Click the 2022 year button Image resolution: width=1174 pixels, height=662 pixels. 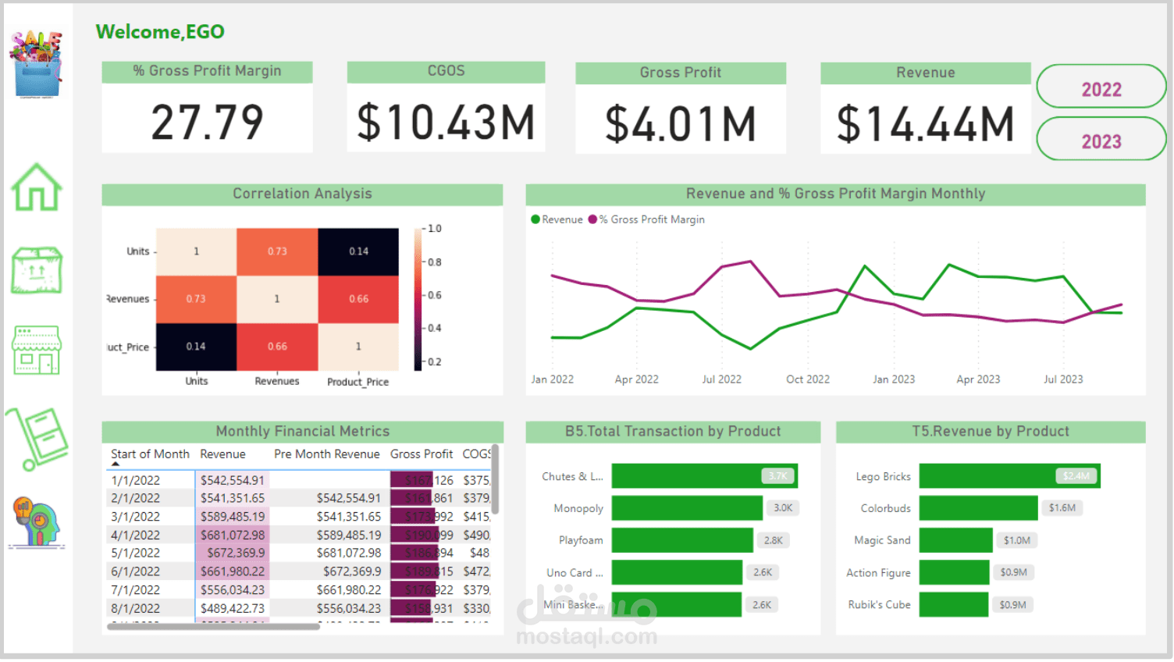[x=1101, y=89]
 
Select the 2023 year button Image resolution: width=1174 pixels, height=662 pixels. [x=1101, y=141]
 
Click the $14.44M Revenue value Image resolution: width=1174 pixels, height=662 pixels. [x=925, y=124]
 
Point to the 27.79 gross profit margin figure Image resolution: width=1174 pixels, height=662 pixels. [x=207, y=123]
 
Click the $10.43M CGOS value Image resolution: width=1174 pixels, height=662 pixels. [x=446, y=123]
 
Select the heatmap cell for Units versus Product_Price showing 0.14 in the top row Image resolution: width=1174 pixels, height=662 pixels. [x=358, y=251]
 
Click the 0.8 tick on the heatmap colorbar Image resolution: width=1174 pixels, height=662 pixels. [x=434, y=262]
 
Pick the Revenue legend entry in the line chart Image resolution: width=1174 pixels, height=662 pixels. [x=557, y=219]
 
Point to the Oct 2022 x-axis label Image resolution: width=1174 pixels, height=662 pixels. [x=807, y=379]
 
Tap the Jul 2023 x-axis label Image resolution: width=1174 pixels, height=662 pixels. [x=1062, y=379]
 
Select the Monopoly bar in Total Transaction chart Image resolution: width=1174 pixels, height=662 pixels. [x=686, y=508]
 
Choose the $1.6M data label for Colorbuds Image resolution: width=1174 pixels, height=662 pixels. [x=1062, y=508]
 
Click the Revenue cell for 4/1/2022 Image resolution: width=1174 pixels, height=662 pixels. [x=232, y=535]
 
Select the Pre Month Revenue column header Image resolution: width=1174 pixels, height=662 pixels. [x=326, y=454]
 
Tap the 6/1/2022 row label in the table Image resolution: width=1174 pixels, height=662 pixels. [x=136, y=571]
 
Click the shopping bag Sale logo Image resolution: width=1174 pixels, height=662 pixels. [x=36, y=64]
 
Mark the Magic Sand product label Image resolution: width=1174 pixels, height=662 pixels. [x=882, y=540]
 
